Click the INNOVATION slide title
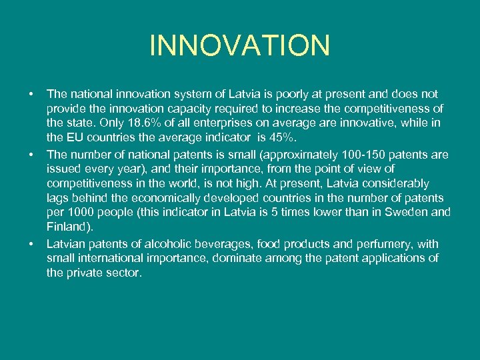(240, 45)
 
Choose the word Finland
(67, 227)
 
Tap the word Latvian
(66, 243)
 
